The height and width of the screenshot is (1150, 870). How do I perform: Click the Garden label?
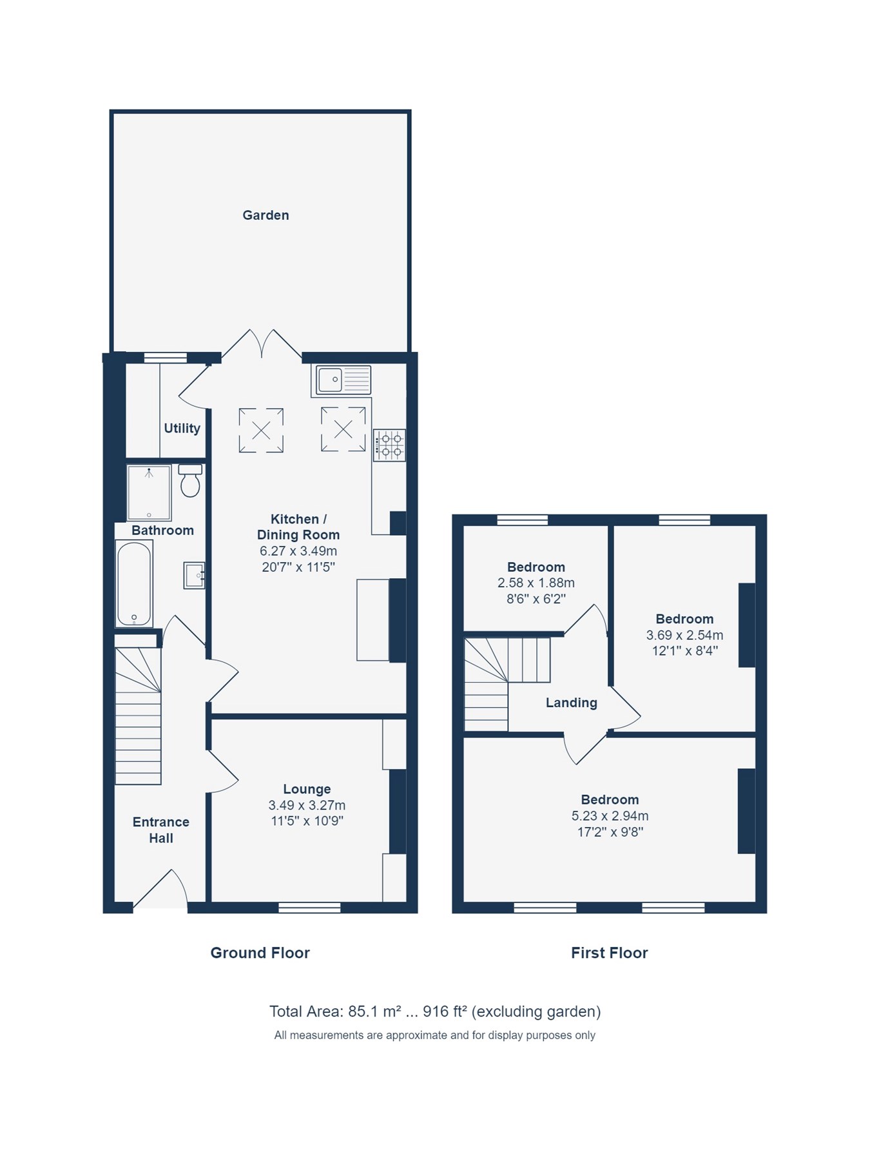click(266, 215)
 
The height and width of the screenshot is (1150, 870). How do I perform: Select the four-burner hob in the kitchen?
click(389, 445)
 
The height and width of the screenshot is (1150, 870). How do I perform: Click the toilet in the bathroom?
click(190, 481)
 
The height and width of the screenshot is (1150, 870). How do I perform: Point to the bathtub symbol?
click(134, 584)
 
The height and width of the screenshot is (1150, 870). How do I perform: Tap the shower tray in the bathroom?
click(149, 492)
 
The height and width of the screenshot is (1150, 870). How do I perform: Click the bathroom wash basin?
click(194, 575)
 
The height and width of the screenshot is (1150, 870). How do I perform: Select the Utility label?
click(182, 428)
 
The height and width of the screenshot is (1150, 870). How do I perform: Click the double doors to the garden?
click(262, 344)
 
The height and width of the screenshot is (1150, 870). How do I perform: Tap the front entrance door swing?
click(161, 890)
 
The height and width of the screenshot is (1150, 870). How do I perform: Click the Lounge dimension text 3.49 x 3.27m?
click(307, 805)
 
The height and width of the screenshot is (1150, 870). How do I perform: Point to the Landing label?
click(571, 703)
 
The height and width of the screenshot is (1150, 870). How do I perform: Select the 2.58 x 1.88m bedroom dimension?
click(536, 583)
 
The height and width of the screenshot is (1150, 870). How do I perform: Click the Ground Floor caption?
click(260, 953)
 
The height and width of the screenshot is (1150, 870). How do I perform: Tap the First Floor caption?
click(609, 953)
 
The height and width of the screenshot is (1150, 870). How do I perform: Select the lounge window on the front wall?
click(309, 908)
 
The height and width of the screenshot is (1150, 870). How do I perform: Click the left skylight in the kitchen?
click(261, 430)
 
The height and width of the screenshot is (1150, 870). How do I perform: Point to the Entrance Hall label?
click(160, 830)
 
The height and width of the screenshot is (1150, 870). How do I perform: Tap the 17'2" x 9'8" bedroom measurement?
click(610, 832)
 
